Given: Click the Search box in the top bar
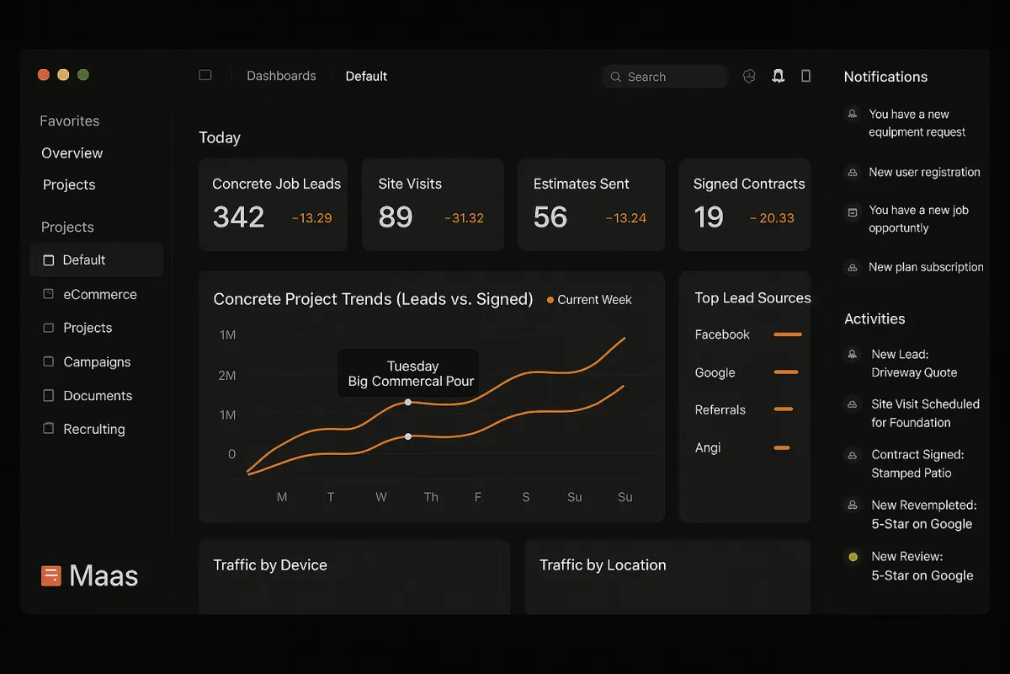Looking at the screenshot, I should (665, 77).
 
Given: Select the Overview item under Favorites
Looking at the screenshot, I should (72, 153).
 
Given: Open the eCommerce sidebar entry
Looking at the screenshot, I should (99, 295).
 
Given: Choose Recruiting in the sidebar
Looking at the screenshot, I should (93, 429).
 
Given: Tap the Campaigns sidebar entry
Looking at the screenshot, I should (97, 362).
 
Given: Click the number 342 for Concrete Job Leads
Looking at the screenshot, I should (238, 217).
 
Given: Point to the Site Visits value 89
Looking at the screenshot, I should (396, 217).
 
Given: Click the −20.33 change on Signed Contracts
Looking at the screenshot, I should (772, 218).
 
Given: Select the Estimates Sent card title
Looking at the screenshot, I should (581, 184).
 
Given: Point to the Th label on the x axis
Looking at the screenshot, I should (431, 497).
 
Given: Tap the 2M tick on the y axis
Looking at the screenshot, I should (227, 375).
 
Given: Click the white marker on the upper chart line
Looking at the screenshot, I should (408, 402).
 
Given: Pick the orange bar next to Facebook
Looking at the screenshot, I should (787, 334).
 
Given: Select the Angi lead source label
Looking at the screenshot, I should (708, 447).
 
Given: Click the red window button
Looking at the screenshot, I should (44, 75).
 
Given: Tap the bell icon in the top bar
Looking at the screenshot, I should (779, 76).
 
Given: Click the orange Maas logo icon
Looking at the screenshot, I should (50, 576).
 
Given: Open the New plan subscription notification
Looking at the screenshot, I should (926, 267).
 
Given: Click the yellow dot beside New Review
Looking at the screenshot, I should (853, 557).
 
